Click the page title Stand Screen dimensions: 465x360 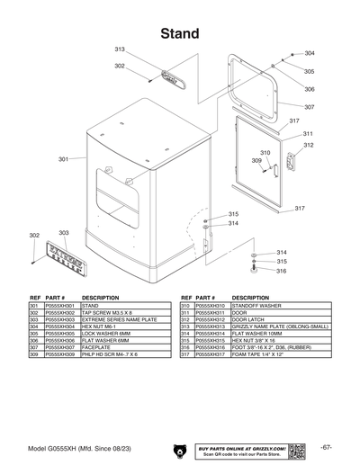pyautogui.click(x=179, y=33)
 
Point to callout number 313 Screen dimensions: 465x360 pyautogui.click(x=120, y=49)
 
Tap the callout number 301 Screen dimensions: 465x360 pyautogui.click(x=64, y=159)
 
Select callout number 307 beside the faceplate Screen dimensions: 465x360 pyautogui.click(x=309, y=107)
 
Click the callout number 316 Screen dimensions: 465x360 pyautogui.click(x=281, y=271)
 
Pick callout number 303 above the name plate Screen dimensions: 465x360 pyautogui.click(x=64, y=233)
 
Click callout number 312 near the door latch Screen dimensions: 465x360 pyautogui.click(x=308, y=145)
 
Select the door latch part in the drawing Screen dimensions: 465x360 pyautogui.click(x=290, y=163)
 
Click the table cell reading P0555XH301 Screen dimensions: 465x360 pyautogui.click(x=60, y=306)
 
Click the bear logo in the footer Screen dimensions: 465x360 pyautogui.click(x=176, y=448)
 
